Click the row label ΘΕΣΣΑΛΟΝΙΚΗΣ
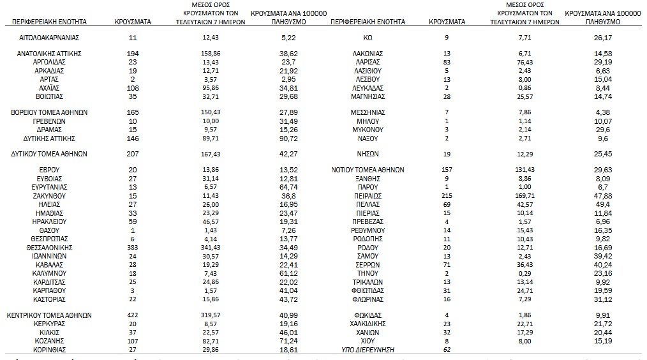[x=49, y=246]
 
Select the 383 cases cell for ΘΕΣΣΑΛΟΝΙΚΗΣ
[x=133, y=246]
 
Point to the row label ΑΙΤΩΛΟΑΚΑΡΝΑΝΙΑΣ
[x=49, y=38]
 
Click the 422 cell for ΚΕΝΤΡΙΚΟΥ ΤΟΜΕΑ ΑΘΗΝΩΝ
[x=133, y=315]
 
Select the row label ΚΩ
[x=368, y=38]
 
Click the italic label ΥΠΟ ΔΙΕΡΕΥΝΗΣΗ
[x=368, y=350]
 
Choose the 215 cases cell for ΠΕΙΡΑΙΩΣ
[x=447, y=195]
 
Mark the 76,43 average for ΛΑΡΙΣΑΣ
[x=524, y=62]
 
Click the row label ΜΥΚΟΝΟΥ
[x=368, y=129]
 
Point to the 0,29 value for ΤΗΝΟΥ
[x=524, y=273]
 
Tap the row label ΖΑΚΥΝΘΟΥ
[x=49, y=195]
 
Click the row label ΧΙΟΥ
[x=368, y=341]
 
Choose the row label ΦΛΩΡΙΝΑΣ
[x=368, y=299]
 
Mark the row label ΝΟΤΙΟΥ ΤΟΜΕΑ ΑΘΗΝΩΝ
[x=368, y=170]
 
